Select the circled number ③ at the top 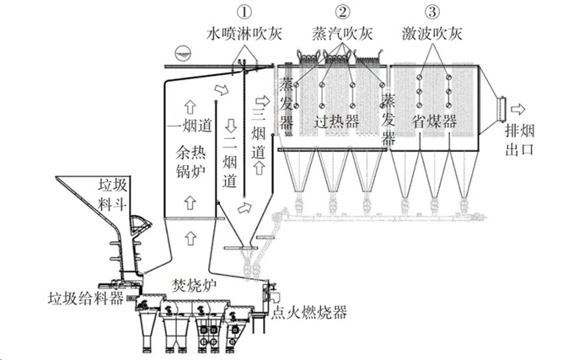coord(432,13)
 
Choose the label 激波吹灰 coord(432,34)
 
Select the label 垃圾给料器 coord(82,297)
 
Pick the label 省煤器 coord(435,120)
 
